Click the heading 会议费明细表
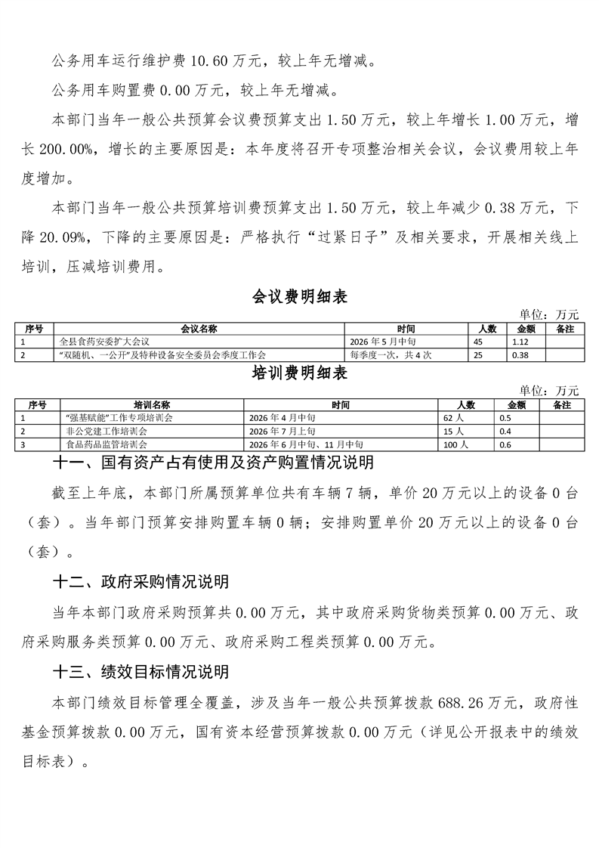[x=299, y=297]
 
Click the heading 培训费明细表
[x=299, y=373]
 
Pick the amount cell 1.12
[x=520, y=342]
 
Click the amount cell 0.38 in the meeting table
[x=520, y=354]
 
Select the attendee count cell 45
[x=477, y=342]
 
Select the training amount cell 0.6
[x=505, y=444]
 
